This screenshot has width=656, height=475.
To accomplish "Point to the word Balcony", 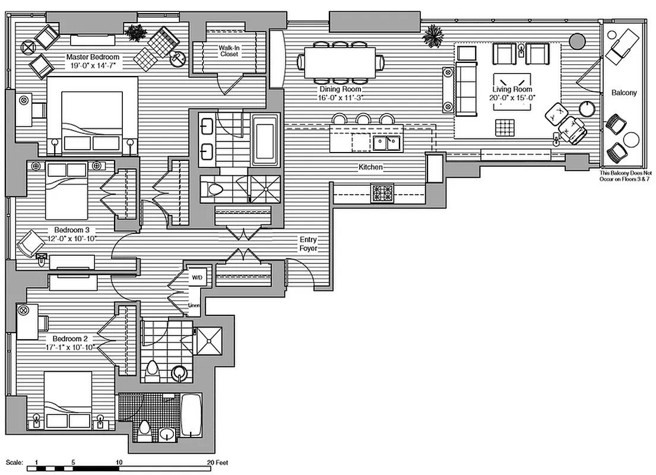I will [624, 93].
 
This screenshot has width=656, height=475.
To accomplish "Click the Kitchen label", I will [370, 168].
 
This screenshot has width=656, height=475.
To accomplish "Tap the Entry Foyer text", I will [308, 244].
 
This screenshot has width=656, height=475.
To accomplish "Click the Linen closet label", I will [194, 306].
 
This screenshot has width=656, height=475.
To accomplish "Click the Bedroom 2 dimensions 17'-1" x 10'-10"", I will [70, 347].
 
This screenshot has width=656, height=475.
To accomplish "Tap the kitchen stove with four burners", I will [382, 194].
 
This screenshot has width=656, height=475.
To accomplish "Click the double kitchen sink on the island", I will [386, 143].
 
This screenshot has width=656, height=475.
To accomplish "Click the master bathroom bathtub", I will [264, 140].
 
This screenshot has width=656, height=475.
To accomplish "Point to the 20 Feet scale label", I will [217, 462].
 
